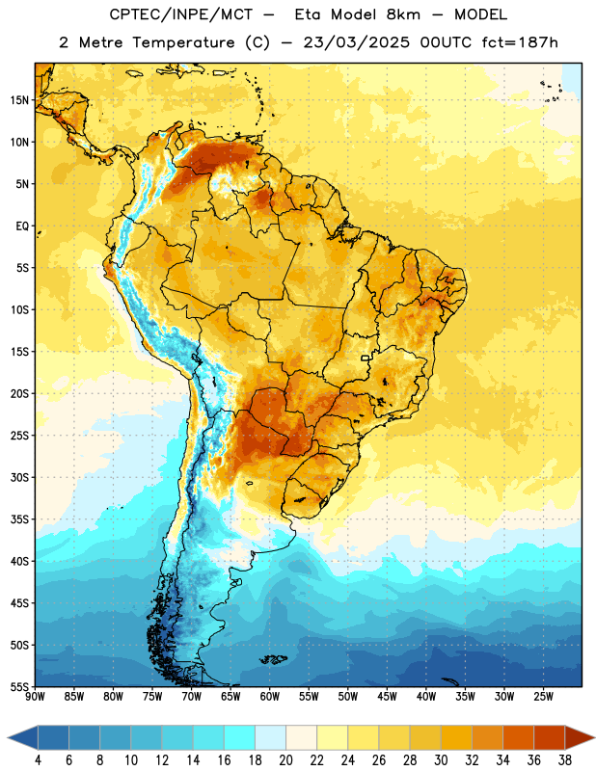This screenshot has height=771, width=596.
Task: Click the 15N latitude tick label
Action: tap(19, 100)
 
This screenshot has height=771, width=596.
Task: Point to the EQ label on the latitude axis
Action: tap(22, 226)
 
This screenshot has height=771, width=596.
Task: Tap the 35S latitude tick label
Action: tap(19, 519)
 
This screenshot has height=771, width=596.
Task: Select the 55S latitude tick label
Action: tap(19, 686)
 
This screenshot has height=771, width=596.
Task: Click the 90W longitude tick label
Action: tap(36, 697)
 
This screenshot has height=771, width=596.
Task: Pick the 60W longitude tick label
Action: tap(270, 697)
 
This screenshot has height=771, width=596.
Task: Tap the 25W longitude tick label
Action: tap(543, 697)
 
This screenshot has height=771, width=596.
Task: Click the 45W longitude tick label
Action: tap(387, 697)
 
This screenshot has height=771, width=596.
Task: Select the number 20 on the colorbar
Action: tap(285, 760)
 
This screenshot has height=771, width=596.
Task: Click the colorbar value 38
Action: tap(564, 760)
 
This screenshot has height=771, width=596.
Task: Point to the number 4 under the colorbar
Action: tap(38, 760)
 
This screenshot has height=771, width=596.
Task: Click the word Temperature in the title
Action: tap(183, 42)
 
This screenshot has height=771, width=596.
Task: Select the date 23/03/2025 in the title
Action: tap(356, 42)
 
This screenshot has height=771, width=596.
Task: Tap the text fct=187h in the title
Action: tap(520, 42)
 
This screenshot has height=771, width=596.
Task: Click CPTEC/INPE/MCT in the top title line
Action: tap(181, 14)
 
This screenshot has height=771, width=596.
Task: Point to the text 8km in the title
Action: tap(403, 14)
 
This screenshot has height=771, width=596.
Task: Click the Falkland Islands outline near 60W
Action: tap(274, 659)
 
